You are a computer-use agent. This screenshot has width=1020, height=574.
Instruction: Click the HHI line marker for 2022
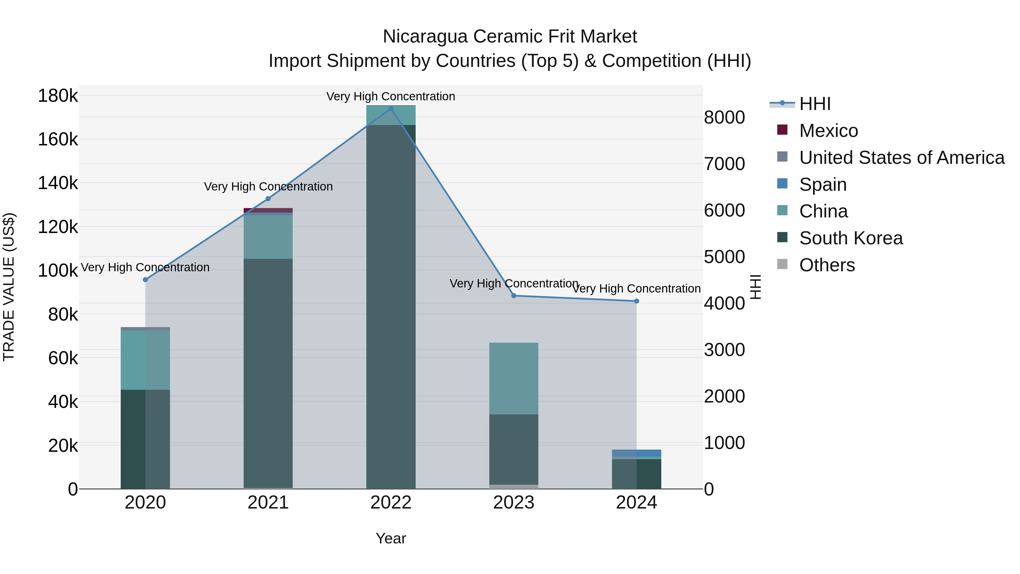(x=390, y=109)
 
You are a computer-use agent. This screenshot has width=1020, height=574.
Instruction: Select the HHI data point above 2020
(x=145, y=280)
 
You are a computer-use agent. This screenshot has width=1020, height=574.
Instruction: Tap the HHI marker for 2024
(x=636, y=301)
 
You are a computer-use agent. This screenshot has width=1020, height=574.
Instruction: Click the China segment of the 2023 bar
(x=514, y=378)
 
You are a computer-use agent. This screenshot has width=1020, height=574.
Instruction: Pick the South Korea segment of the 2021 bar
(x=268, y=372)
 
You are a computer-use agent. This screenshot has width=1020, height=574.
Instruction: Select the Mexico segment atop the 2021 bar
(x=268, y=210)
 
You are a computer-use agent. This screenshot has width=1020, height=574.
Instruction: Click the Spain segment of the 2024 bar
(x=636, y=453)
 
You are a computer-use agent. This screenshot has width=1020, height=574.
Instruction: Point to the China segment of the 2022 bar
(x=390, y=115)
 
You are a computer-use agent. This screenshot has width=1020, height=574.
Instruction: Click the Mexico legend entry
(x=828, y=131)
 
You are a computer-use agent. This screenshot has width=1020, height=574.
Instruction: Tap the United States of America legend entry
(x=901, y=158)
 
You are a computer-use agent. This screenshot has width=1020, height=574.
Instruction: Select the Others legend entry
(x=827, y=265)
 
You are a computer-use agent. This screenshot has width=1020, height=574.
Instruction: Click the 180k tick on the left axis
(x=58, y=96)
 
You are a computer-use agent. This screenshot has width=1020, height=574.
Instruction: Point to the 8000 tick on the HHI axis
(x=724, y=118)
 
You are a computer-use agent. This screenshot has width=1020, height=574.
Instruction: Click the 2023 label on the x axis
(x=514, y=503)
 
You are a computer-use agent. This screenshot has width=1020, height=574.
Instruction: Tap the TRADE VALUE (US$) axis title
(x=9, y=287)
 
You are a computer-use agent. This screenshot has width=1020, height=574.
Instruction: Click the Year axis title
(x=390, y=538)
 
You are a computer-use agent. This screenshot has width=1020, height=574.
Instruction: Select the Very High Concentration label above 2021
(x=268, y=187)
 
